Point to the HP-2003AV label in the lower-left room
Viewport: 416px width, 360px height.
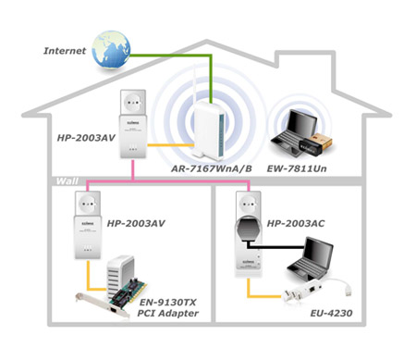137,223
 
